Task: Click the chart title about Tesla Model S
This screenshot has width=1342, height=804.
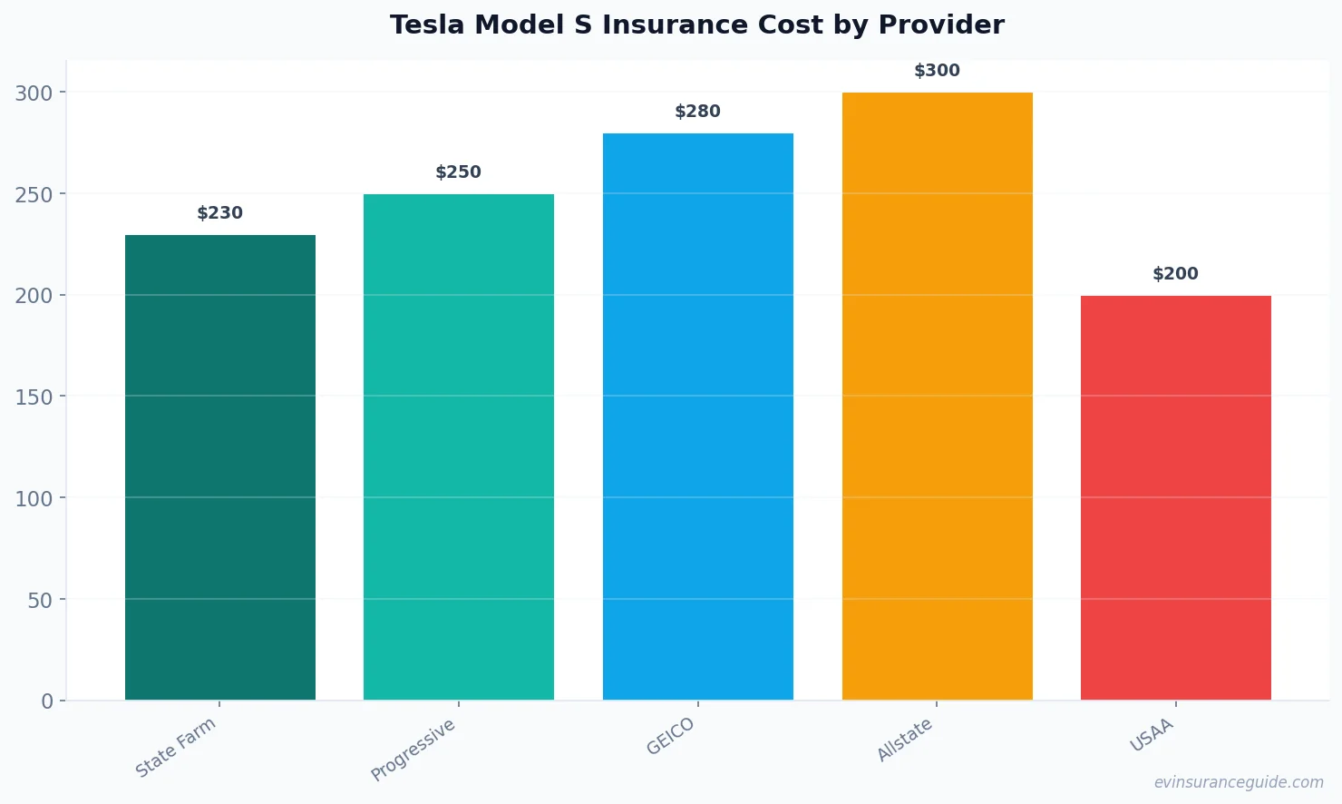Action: [x=696, y=25]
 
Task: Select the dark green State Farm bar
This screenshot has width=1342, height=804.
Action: [x=220, y=467]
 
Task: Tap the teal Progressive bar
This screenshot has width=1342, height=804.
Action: [x=459, y=446]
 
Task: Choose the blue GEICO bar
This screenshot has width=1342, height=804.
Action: [x=697, y=417]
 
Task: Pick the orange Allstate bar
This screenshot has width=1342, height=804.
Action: [x=937, y=396]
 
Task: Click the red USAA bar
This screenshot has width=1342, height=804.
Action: [x=1175, y=497]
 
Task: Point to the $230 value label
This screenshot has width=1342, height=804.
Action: [x=220, y=213]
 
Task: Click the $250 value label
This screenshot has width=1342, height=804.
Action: [x=459, y=172]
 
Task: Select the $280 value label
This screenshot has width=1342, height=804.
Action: [x=697, y=112]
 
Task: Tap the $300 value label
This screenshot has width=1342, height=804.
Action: [x=937, y=71]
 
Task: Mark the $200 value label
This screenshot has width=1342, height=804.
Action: [x=1175, y=274]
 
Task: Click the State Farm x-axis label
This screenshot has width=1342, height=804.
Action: [x=176, y=747]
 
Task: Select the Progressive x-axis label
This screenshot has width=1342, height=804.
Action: [x=413, y=750]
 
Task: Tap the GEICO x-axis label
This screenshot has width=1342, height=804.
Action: [x=671, y=736]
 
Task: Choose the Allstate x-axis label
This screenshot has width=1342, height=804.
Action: [x=905, y=740]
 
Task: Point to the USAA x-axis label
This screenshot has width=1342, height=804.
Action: [x=1152, y=735]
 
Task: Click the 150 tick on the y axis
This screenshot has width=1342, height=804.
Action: [x=34, y=397]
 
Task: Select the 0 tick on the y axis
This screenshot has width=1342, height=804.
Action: [x=47, y=701]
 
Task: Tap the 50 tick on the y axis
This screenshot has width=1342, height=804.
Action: [x=40, y=600]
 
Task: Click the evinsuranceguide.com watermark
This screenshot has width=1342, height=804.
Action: [x=1239, y=782]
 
